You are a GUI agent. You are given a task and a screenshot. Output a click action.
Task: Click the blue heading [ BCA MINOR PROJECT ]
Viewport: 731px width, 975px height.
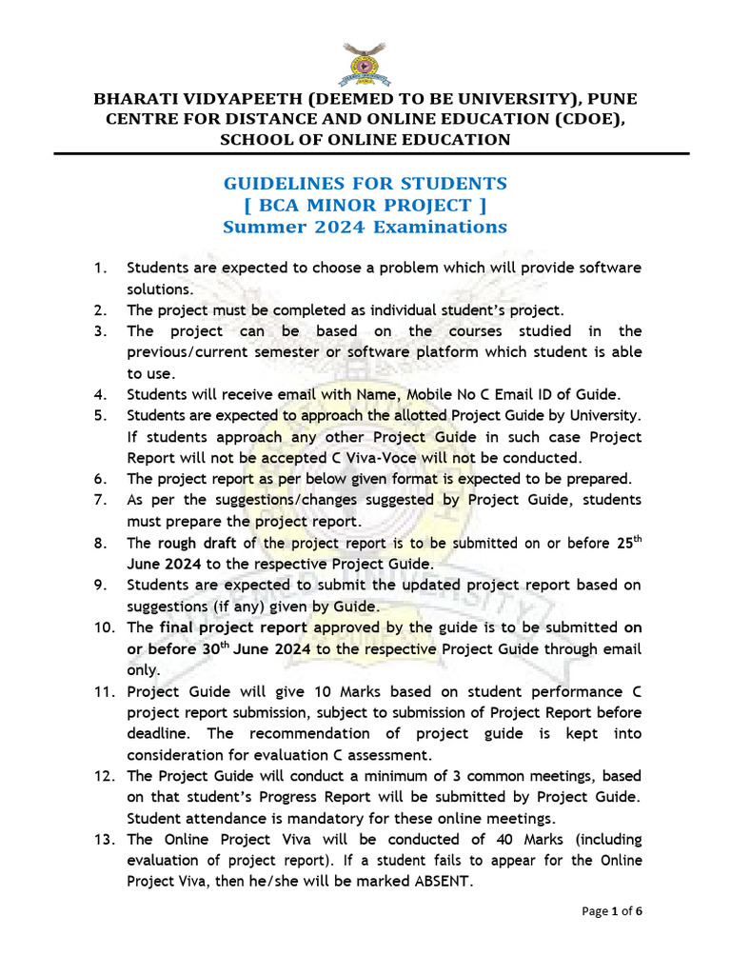(x=365, y=205)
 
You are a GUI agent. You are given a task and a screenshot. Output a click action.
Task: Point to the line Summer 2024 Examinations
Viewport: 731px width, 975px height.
(x=365, y=227)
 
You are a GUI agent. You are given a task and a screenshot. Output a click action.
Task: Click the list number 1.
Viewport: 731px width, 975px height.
(x=99, y=268)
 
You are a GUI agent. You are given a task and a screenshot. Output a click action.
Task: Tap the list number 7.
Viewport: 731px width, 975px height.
(x=99, y=500)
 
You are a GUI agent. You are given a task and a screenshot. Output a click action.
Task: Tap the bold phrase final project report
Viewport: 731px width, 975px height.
(x=233, y=627)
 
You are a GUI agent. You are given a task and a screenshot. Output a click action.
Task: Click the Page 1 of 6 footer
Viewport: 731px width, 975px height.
(x=612, y=911)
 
